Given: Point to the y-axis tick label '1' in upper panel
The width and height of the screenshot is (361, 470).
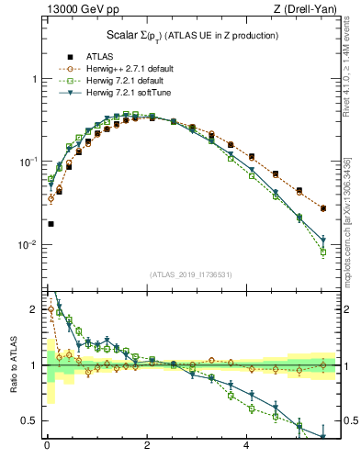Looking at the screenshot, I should pyautogui.click(x=37, y=79).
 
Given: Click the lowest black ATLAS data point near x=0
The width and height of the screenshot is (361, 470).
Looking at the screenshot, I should pyautogui.click(x=51, y=223).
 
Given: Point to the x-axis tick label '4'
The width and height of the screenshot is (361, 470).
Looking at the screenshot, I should pyautogui.click(x=246, y=447).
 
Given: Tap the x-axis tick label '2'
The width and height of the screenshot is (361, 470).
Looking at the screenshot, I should pyautogui.click(x=147, y=447).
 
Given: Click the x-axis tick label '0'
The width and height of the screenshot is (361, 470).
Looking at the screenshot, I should pyautogui.click(x=47, y=447).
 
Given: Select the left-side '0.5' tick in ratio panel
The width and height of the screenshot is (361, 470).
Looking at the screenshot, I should pyautogui.click(x=32, y=420).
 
